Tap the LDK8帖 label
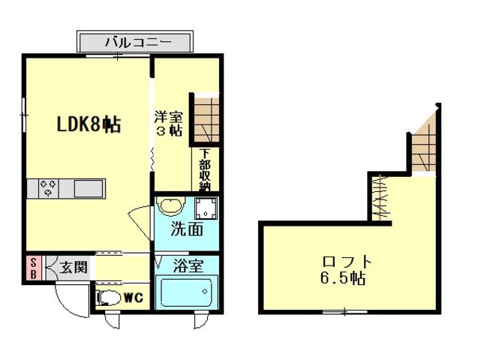coord(89,124)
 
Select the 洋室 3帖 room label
coord(169,124)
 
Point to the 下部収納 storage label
coord(205,169)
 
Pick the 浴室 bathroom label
coord(188,266)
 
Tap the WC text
coord(134,298)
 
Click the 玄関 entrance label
coord(74,268)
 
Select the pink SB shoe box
coord(34,268)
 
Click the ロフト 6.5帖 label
coord(344,269)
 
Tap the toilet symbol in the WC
coord(109,298)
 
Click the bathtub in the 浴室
coord(187,292)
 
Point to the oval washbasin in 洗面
coord(171,207)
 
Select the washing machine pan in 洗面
coord(206,208)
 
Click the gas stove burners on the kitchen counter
coord(49,188)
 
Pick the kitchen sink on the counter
coord(89,189)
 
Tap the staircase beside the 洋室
coord(206,120)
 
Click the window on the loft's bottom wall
coord(344,311)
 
